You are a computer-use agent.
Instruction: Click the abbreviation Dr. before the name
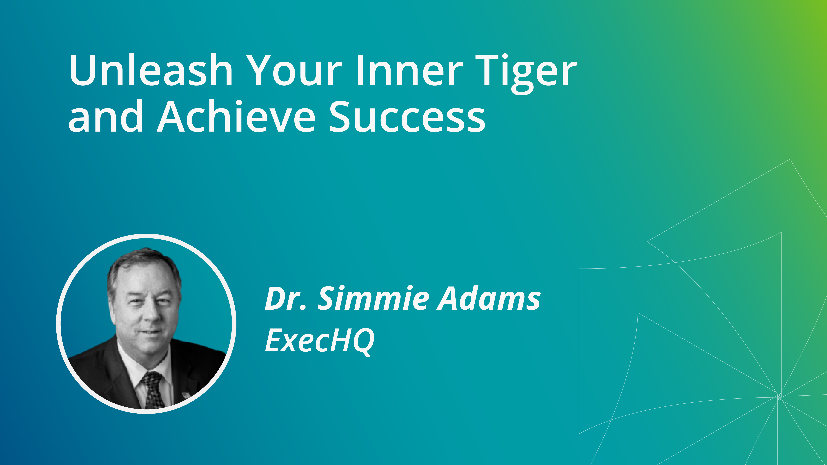(286, 298)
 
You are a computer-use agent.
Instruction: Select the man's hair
(145, 268)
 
